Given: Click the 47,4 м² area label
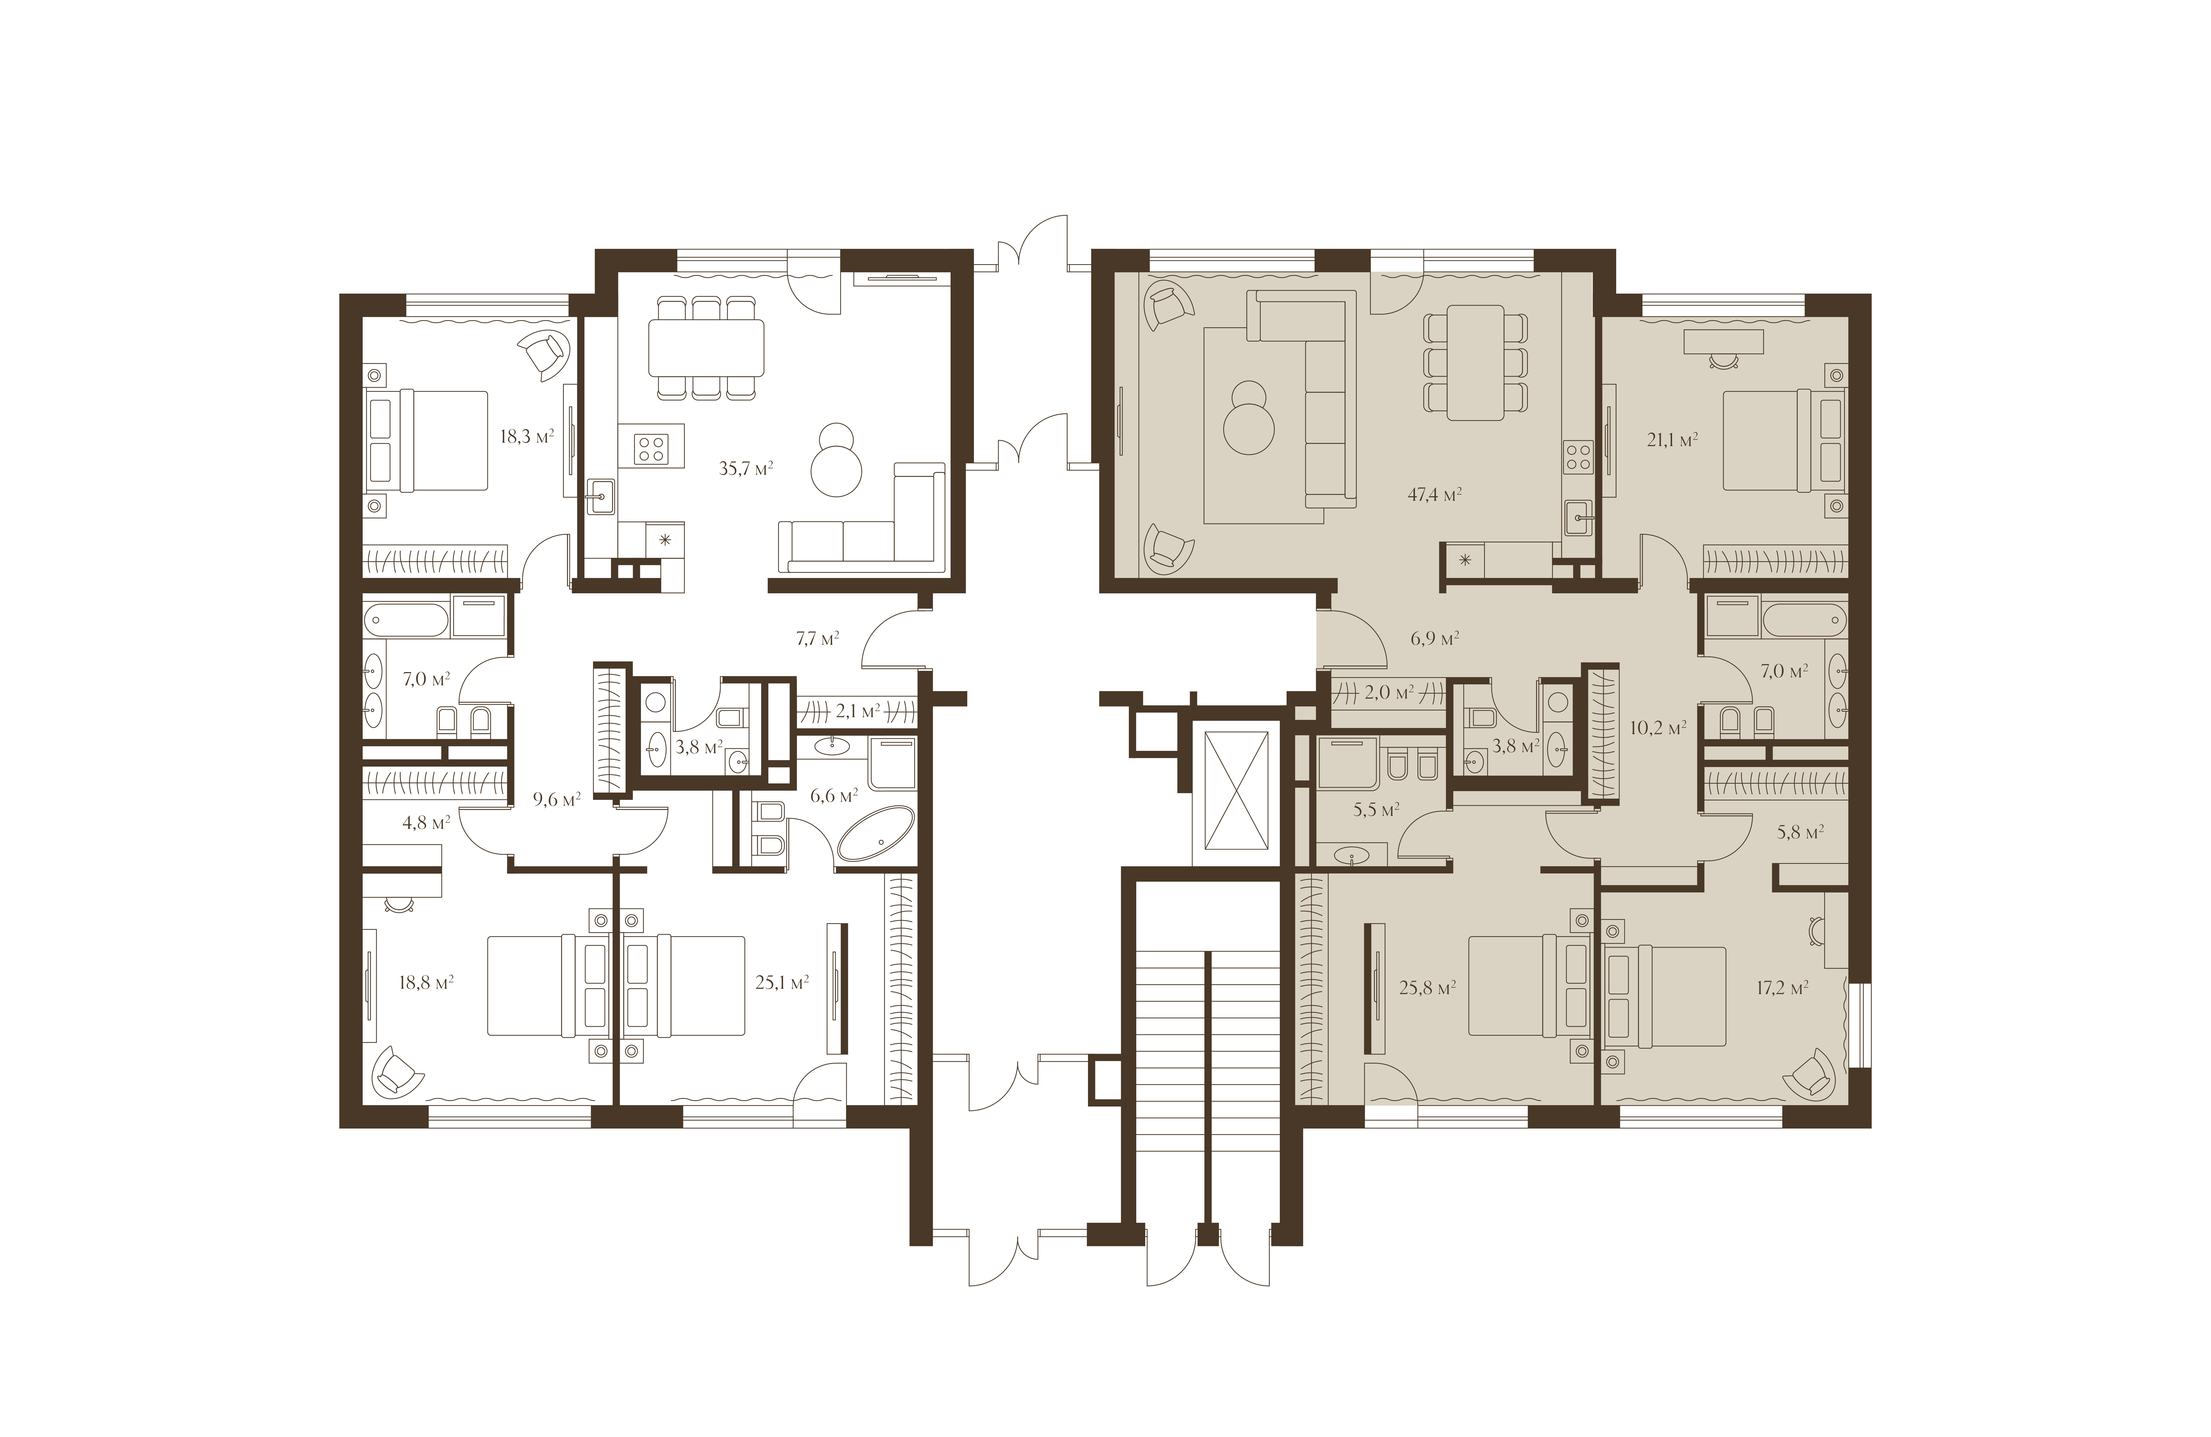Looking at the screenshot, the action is click(x=1434, y=495).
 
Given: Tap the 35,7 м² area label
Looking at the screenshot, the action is click(x=746, y=468).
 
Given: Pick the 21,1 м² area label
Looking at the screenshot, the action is click(x=1672, y=440).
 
